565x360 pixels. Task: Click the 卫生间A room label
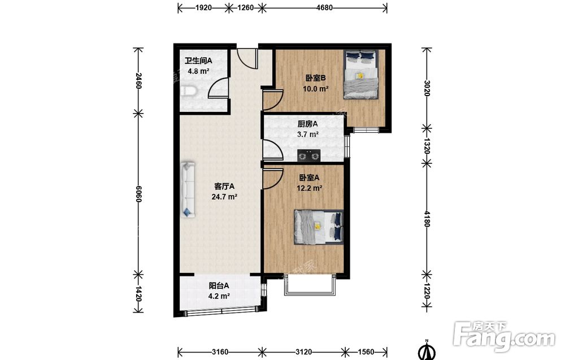[x=198, y=60]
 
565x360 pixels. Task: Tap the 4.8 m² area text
[x=198, y=71]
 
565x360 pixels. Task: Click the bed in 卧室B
[x=360, y=74]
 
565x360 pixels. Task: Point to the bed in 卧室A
[x=319, y=227]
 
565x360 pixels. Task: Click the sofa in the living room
[x=188, y=189]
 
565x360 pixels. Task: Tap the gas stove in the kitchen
[x=309, y=155]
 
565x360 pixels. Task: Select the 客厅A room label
[x=224, y=186]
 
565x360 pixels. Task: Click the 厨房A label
[x=308, y=124]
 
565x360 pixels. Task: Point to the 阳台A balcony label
[x=219, y=286]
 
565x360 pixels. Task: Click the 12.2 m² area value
[x=309, y=188]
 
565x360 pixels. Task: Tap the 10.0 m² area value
[x=316, y=88]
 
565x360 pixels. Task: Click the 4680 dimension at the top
[x=324, y=7]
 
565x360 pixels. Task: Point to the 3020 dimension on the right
[x=427, y=88]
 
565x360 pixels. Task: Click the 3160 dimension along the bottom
[x=220, y=352]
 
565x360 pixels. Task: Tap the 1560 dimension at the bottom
[x=366, y=352]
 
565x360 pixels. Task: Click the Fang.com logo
[x=504, y=336]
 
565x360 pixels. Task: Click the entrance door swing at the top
[x=247, y=58]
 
